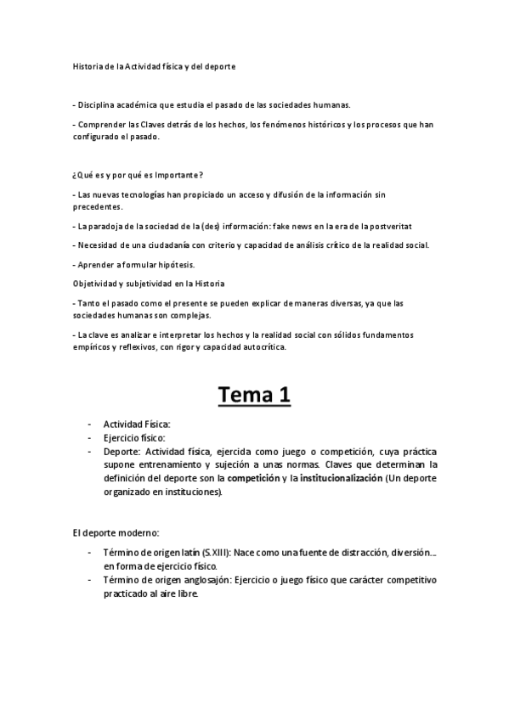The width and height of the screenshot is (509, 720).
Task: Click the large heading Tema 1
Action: coord(254,394)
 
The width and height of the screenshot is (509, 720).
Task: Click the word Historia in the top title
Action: coord(86,65)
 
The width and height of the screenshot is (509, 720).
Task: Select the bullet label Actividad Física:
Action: coord(138,424)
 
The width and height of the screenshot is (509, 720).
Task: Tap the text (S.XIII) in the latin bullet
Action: coord(201,553)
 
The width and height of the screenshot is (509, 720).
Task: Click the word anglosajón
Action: coord(199,581)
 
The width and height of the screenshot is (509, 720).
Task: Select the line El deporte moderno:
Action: coord(116,532)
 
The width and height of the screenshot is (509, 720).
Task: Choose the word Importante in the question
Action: coord(177,176)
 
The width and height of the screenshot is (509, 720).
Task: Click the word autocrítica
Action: coord(262,346)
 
